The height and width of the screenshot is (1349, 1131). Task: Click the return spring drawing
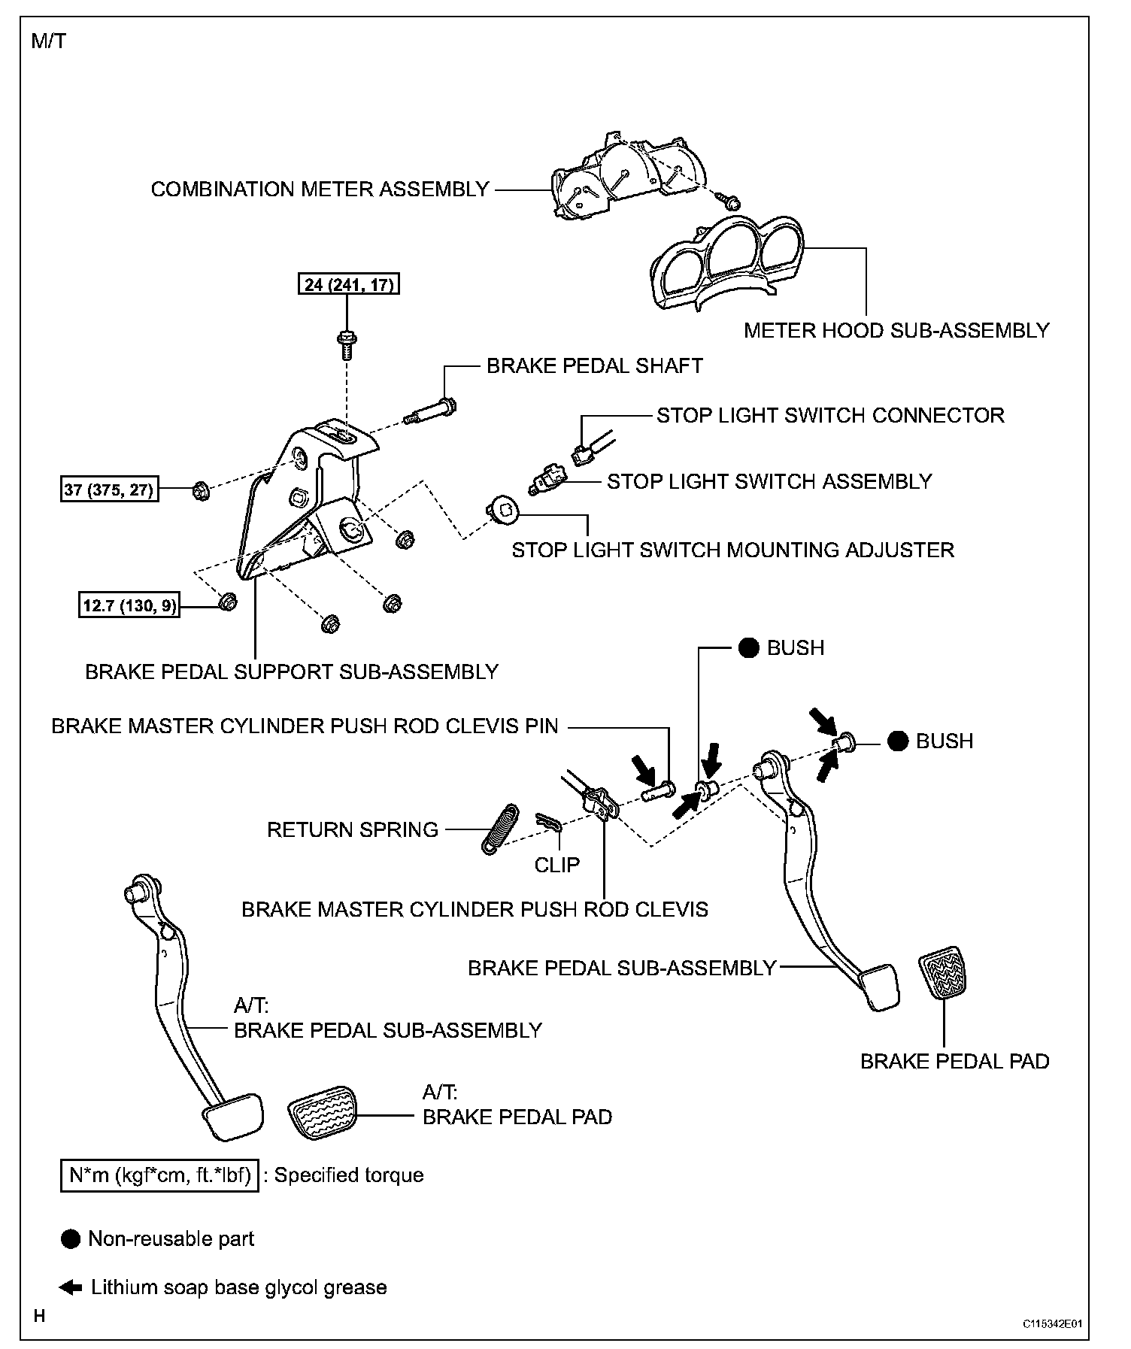tap(499, 829)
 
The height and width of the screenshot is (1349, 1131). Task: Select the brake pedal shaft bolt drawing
tap(433, 411)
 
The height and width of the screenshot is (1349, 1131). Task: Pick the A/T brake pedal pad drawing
tap(322, 1116)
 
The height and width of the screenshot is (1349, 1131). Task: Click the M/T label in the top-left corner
tap(48, 41)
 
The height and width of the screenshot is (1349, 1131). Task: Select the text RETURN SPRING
tap(353, 830)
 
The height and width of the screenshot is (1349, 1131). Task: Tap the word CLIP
tap(557, 865)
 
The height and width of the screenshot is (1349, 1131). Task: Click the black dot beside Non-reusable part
tap(71, 1239)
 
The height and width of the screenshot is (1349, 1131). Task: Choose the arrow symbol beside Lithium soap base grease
tap(71, 1287)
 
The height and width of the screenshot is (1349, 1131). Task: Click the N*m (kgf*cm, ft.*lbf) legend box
tap(159, 1175)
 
